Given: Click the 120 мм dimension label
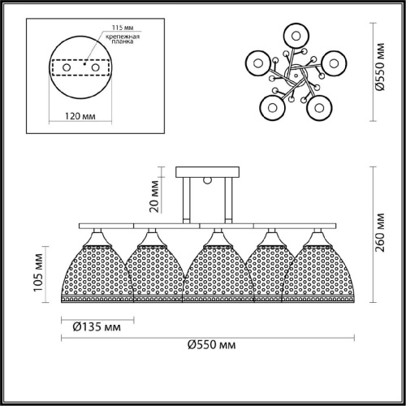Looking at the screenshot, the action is pyautogui.click(x=80, y=116).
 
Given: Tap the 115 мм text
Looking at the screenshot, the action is pyautogui.click(x=123, y=28).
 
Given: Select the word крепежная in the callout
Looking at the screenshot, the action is pyautogui.click(x=123, y=37).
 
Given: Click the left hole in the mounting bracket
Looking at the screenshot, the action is pyautogui.click(x=67, y=67).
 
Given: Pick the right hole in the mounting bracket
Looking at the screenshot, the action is pyautogui.click(x=95, y=67).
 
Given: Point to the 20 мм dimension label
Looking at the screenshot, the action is pyautogui.click(x=154, y=197).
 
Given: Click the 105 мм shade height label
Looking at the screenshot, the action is pyautogui.click(x=38, y=273).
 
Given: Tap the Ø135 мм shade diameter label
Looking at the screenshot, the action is pyautogui.click(x=97, y=327).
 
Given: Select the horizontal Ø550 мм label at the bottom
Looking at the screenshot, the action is pyautogui.click(x=212, y=345).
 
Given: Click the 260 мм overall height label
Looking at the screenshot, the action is pyautogui.click(x=380, y=232).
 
